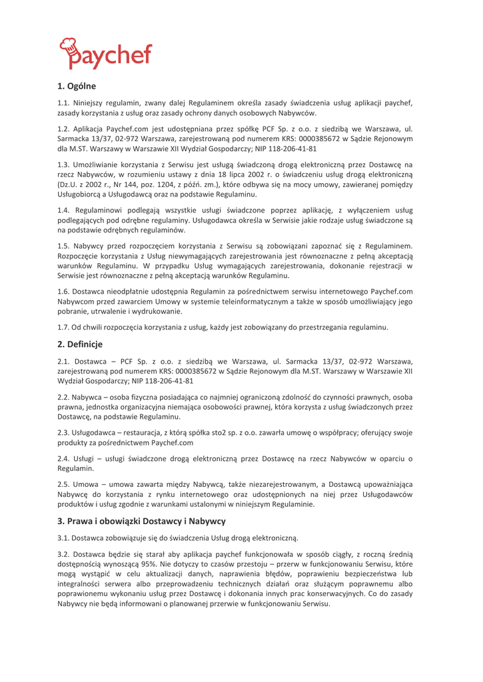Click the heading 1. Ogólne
click(x=77, y=86)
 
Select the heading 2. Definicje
click(x=80, y=344)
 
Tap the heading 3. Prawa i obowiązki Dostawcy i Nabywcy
click(x=141, y=520)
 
